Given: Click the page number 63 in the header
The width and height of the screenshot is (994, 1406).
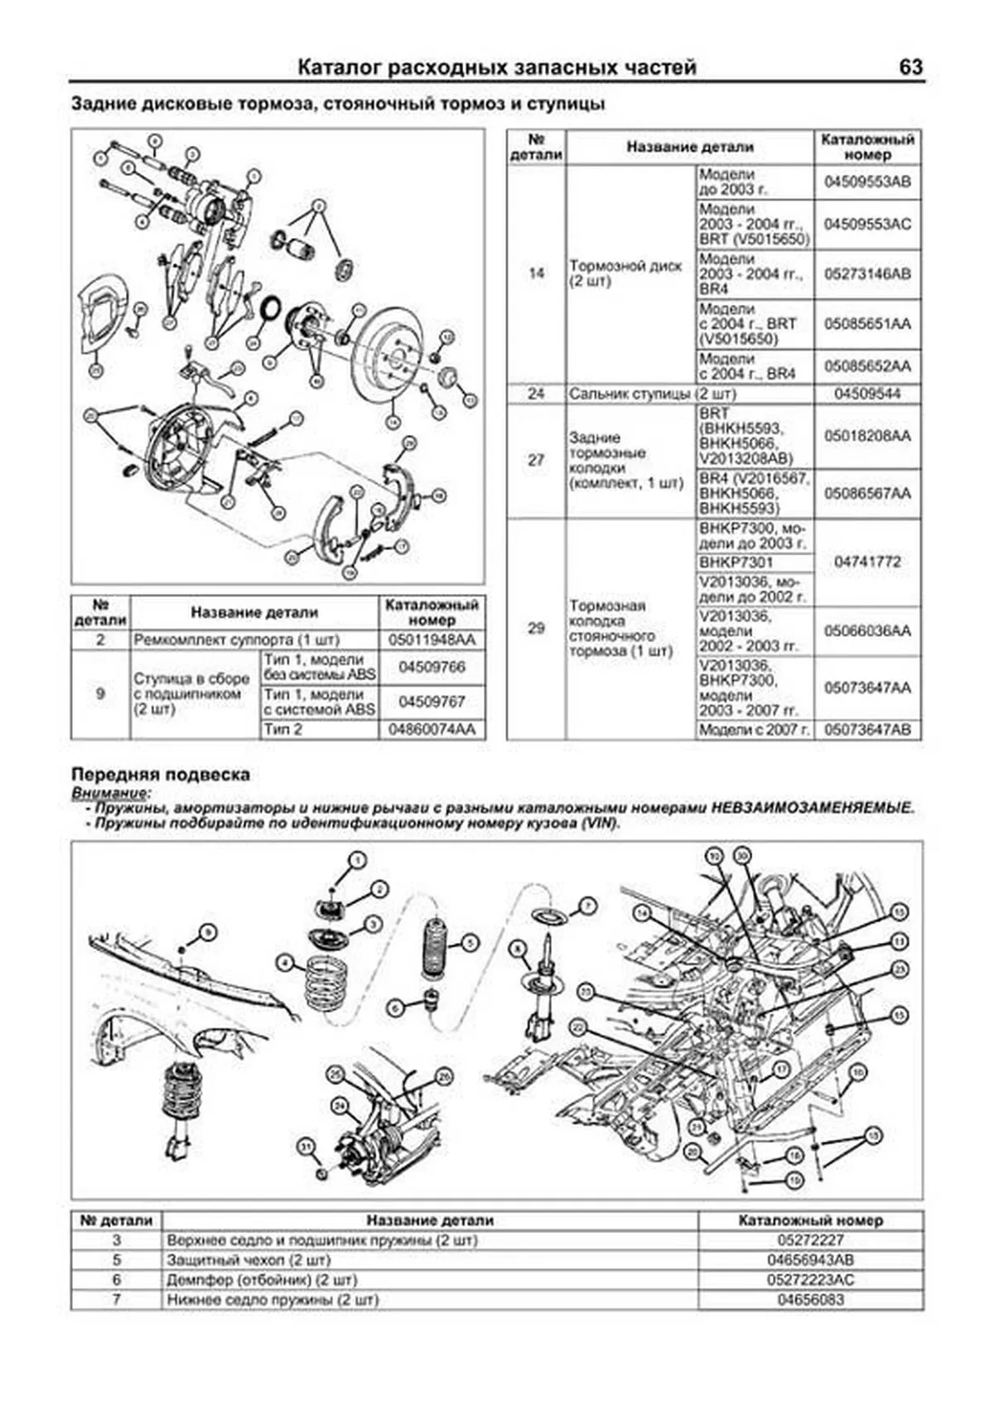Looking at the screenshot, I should click(x=910, y=67).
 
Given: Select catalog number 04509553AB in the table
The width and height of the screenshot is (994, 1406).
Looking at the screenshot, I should click(x=867, y=181).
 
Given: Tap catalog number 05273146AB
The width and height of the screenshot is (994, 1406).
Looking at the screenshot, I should click(x=867, y=274).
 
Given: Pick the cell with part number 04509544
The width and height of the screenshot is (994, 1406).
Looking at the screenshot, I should click(x=867, y=394).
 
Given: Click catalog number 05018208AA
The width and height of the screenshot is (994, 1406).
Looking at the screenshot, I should click(x=867, y=436).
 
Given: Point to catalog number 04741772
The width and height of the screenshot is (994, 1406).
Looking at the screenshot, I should click(x=867, y=562).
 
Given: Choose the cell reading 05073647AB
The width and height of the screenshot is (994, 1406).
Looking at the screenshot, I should click(x=867, y=730).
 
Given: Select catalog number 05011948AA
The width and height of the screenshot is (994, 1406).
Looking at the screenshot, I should click(x=432, y=640).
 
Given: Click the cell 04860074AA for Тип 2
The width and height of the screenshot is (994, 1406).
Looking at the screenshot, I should click(x=432, y=729).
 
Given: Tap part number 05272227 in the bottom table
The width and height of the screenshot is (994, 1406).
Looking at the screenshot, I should click(x=810, y=1240).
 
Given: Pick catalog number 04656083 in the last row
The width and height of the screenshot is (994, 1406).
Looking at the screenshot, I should click(x=810, y=1300).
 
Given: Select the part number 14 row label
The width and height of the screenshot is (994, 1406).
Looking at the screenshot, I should click(x=536, y=273).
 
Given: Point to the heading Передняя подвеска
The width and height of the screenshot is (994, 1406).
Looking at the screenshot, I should click(x=161, y=775).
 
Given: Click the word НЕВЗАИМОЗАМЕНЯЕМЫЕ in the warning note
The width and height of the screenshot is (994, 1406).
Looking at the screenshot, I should click(x=813, y=808).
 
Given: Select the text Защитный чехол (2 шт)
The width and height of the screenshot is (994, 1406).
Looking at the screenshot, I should click(x=248, y=1260).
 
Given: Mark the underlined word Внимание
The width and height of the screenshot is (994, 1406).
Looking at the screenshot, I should click(x=105, y=793).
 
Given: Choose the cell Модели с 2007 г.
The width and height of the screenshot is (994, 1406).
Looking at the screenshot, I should click(x=754, y=730).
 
